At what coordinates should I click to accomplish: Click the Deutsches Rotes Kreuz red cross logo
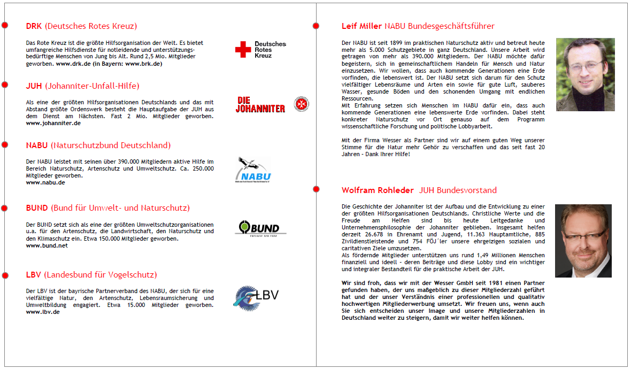(x=243, y=50)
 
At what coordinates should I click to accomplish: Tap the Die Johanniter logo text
(x=260, y=104)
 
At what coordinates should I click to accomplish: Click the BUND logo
(x=260, y=228)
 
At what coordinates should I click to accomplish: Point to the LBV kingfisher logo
(x=256, y=297)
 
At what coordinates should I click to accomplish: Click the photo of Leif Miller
(x=585, y=74)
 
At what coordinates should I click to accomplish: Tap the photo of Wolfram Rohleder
(x=583, y=241)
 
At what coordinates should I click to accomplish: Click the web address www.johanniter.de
(x=53, y=123)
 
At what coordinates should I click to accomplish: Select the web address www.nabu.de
(x=45, y=182)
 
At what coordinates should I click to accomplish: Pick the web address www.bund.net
(x=47, y=245)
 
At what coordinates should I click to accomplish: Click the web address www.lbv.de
(x=43, y=312)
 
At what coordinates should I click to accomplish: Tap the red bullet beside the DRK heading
(x=5, y=25)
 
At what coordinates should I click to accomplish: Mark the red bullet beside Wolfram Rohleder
(x=316, y=188)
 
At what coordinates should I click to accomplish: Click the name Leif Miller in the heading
(x=361, y=26)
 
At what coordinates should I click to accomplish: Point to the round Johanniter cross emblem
(x=301, y=104)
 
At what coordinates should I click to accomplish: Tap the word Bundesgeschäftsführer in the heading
(x=457, y=26)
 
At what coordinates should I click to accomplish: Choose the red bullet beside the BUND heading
(x=5, y=207)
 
